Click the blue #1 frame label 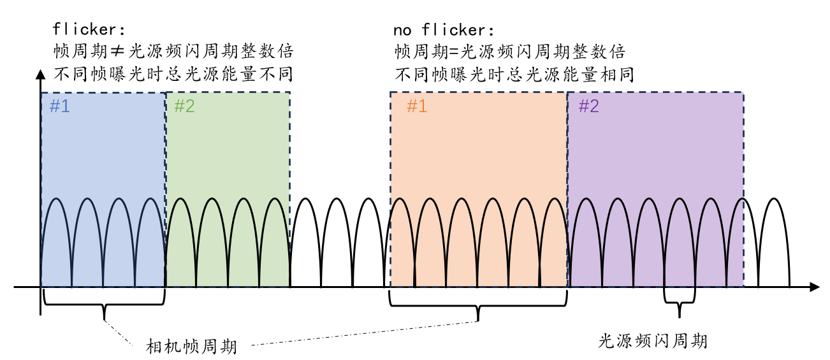click(59, 106)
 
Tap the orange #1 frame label click(416, 106)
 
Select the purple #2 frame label click(588, 106)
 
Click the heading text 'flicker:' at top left click(90, 29)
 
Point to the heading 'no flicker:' click(444, 29)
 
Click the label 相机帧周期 click(191, 347)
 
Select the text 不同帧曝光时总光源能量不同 click(173, 75)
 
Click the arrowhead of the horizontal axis click(814, 287)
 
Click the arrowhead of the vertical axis click(41, 73)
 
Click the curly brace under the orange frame click(477, 307)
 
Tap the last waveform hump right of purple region click(774, 242)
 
